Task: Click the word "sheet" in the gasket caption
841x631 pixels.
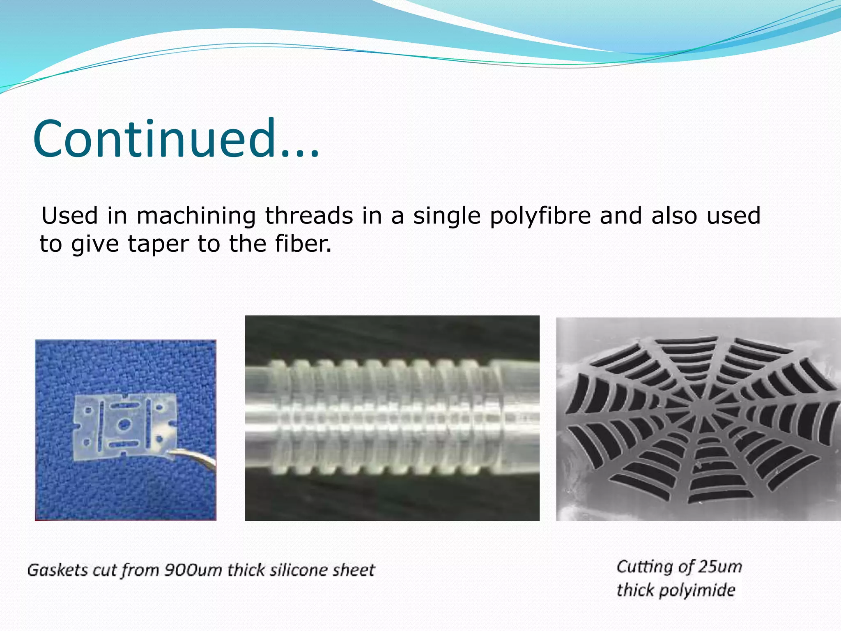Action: (x=354, y=570)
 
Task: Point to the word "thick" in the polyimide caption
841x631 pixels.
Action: (x=636, y=590)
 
